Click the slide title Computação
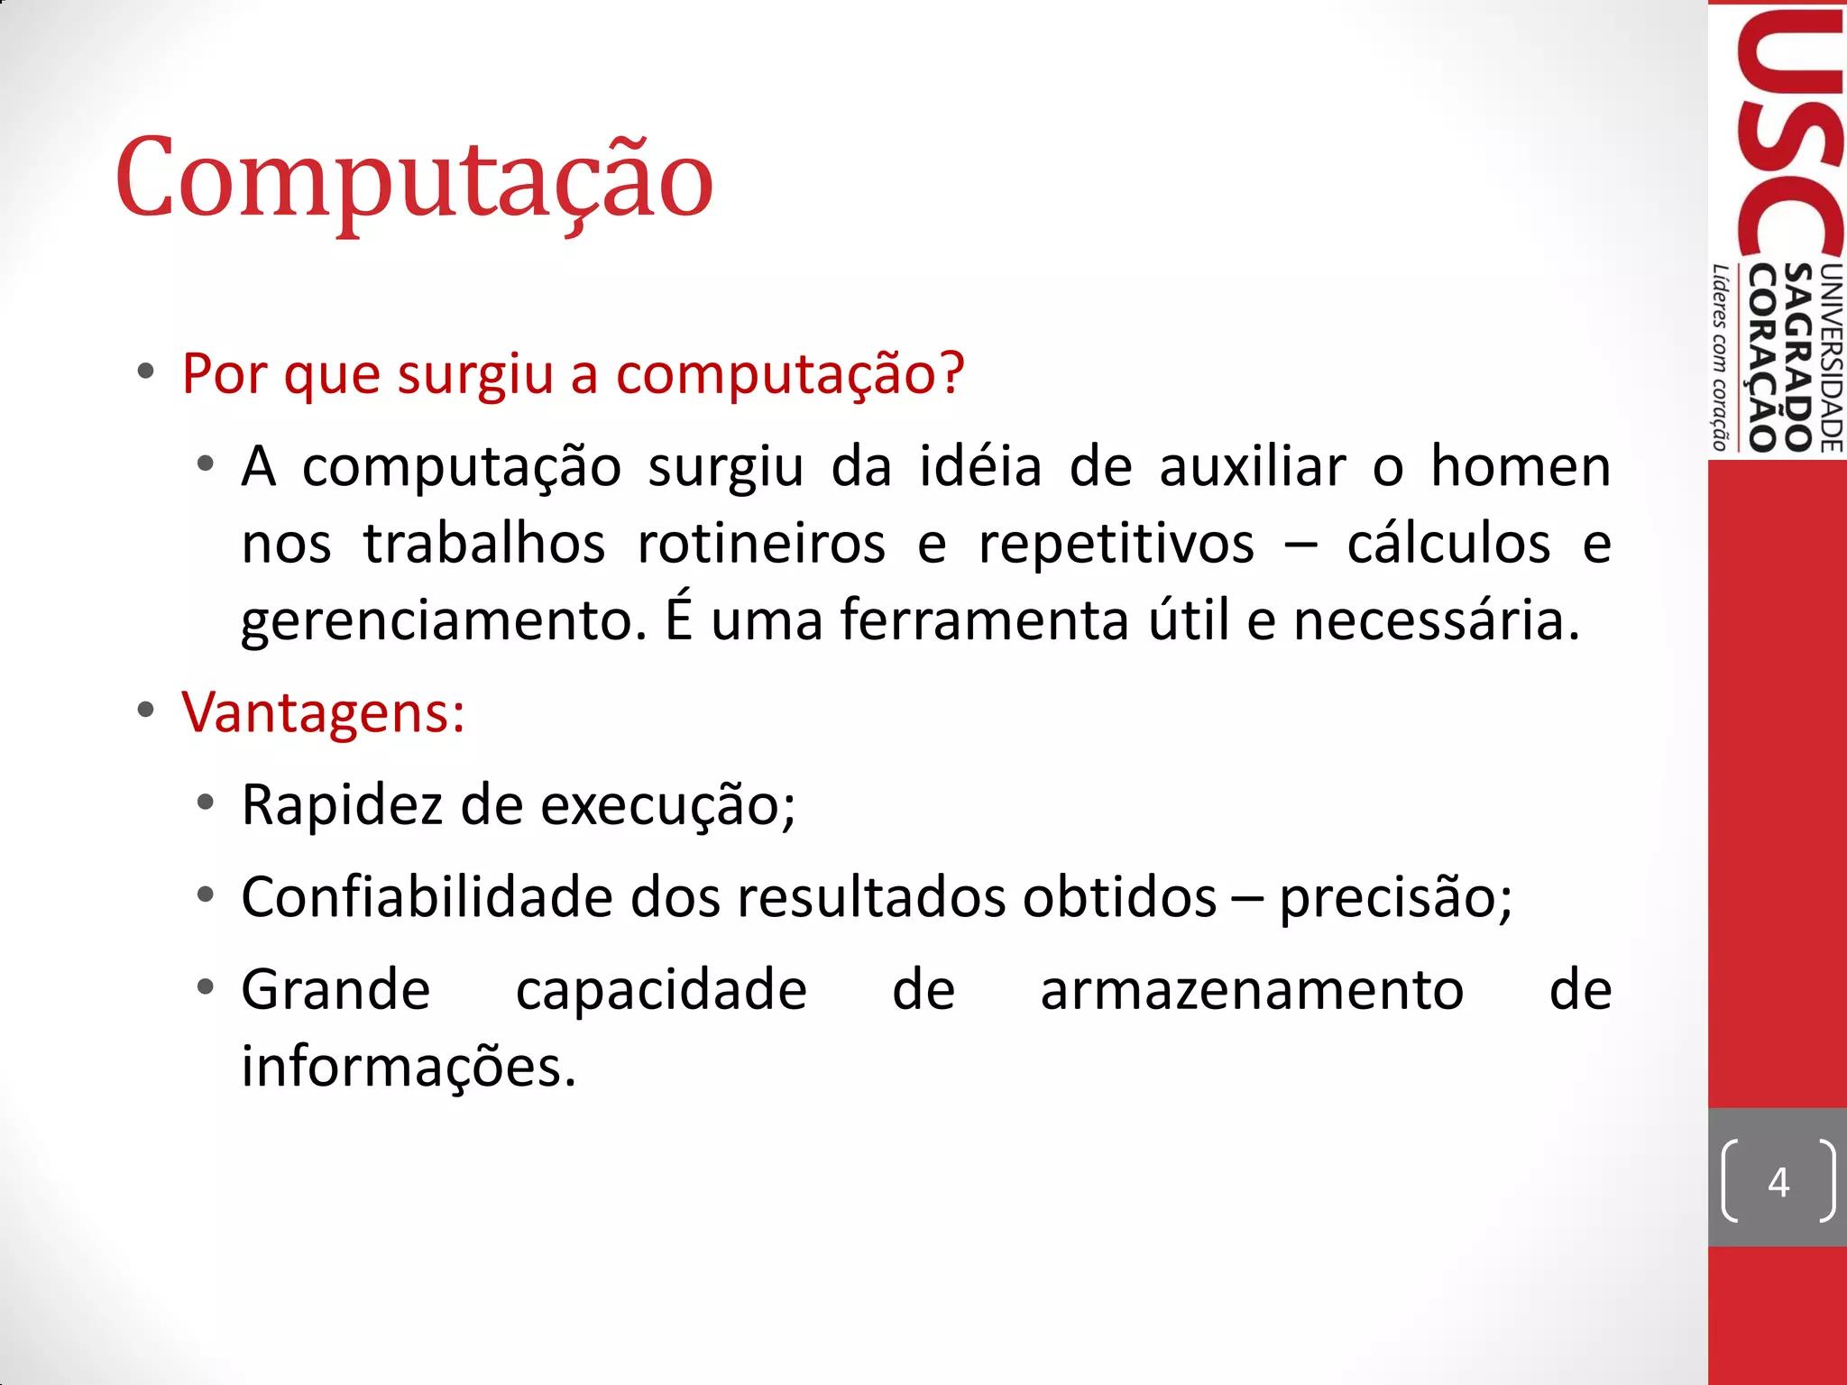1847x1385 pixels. pos(414,178)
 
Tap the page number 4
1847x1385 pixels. pos(1778,1181)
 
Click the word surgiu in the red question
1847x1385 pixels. pos(475,374)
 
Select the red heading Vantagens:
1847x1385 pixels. pos(323,712)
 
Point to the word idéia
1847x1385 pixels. pos(980,467)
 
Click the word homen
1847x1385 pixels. pos(1521,467)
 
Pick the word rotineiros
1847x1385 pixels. pos(761,545)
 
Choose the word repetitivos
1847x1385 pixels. pos(1116,545)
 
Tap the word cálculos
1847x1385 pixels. pos(1448,545)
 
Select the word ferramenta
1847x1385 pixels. pos(984,620)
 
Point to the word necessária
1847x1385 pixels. pos(1436,620)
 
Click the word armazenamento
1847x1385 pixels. pos(1252,990)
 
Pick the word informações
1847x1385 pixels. pos(408,1067)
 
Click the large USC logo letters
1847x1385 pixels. pos(1790,135)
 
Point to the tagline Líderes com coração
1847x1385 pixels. pos(1721,357)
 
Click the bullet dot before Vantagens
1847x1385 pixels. pos(146,711)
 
